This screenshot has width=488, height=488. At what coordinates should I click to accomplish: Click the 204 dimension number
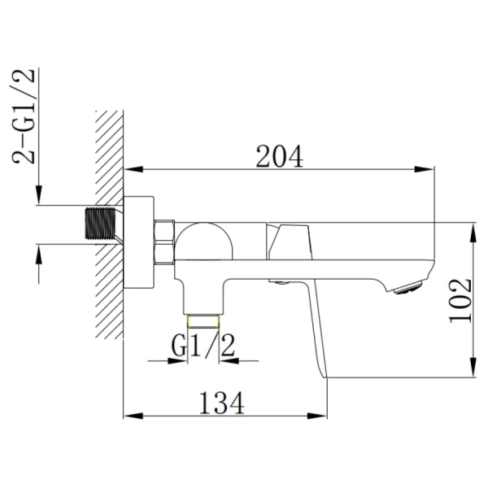click(279, 156)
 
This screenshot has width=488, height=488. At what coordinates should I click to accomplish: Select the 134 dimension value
click(221, 403)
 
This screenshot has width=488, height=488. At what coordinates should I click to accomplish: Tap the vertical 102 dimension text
click(460, 301)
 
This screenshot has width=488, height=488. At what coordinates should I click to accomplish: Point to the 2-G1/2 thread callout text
click(24, 115)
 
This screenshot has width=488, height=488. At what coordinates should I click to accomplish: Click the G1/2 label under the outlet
click(203, 345)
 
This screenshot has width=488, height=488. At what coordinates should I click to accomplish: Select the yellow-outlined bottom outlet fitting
click(203, 321)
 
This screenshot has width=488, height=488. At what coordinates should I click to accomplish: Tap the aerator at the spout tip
click(408, 287)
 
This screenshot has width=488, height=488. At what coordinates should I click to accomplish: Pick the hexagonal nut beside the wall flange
click(164, 242)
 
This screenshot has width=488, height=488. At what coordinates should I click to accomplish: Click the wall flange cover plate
click(139, 242)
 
